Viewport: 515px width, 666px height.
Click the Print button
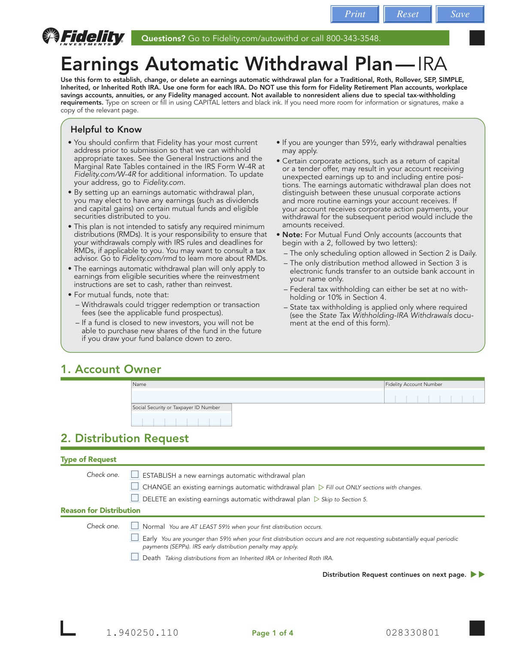pos(354,14)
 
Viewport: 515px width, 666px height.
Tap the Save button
pos(460,14)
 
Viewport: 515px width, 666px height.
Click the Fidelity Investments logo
pos(84,37)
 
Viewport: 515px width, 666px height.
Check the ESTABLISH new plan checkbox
pos(135,474)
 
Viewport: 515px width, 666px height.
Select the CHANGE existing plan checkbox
pos(135,486)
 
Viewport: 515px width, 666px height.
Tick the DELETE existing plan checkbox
pos(135,498)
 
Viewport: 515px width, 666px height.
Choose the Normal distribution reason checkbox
pos(135,526)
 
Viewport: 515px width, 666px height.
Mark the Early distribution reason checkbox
pos(135,537)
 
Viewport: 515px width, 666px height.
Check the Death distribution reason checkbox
pos(135,557)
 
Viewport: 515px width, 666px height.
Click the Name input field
pos(257,396)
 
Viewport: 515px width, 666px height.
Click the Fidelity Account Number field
pos(434,397)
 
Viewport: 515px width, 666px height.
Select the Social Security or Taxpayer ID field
pos(181,419)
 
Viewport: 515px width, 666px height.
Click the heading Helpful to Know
pos(106,130)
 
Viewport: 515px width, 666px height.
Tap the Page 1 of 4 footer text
pos(273,633)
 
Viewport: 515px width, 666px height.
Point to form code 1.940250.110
pos(142,633)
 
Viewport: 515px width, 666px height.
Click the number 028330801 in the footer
pos(412,633)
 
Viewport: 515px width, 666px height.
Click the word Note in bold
pos(292,235)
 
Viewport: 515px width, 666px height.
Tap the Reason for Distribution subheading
pos(100,510)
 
